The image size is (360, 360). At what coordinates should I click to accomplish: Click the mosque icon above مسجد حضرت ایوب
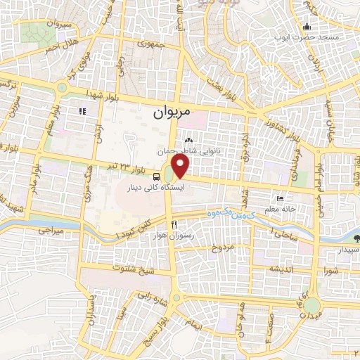(x=306, y=27)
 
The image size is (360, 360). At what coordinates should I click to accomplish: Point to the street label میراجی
(x=50, y=229)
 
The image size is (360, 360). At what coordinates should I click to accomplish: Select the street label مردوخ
(x=221, y=249)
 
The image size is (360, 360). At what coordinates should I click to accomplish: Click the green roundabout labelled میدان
(x=311, y=306)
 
